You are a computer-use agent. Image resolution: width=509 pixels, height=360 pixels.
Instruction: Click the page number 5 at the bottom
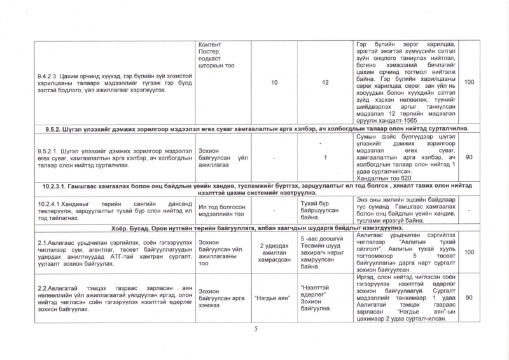coord(254,329)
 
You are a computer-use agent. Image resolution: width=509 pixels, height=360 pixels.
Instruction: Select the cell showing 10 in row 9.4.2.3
coord(274,83)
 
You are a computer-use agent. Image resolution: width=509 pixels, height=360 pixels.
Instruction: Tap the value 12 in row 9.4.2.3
coord(325,83)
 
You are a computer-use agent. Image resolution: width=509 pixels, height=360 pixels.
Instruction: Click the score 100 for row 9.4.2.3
coord(470,83)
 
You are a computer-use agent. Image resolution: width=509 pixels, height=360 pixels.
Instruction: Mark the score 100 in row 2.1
coord(470,253)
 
